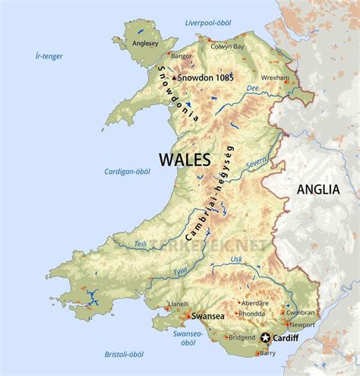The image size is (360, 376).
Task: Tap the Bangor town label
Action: point(182,55)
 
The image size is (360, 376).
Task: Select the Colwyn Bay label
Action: point(227,46)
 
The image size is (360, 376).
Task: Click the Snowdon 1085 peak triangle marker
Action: point(174,77)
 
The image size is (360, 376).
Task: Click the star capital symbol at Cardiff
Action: point(266,337)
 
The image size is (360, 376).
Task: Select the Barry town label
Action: point(267,353)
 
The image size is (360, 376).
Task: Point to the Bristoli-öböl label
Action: point(125,354)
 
